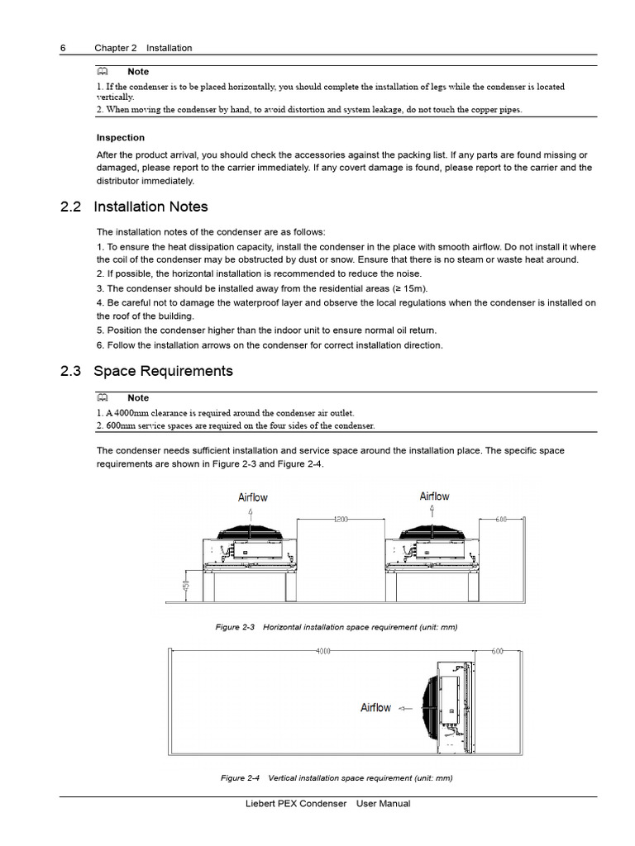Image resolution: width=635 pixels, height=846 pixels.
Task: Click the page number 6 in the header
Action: [63, 48]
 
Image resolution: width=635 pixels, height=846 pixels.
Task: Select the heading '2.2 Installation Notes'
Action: [150, 207]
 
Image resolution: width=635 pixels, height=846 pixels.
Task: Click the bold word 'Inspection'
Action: [121, 138]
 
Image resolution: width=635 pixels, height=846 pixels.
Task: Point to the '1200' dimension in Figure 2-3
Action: [341, 520]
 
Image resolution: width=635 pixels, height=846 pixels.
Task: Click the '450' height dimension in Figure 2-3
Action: [185, 587]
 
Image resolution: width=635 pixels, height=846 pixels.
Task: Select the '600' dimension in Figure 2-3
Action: [500, 520]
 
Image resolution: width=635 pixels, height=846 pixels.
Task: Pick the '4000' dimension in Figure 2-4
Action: [323, 651]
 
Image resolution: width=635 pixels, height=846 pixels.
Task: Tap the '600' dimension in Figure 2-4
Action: [497, 651]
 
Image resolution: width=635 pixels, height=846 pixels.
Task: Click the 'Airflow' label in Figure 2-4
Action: [375, 708]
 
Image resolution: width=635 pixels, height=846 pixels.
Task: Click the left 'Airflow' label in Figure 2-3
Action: [253, 497]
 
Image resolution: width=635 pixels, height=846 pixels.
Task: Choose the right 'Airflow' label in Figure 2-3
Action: [434, 497]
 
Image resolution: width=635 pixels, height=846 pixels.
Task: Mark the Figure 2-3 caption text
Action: [336, 627]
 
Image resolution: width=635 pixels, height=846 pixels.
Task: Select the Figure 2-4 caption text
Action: [337, 778]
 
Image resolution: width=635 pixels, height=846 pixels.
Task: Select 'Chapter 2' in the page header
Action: [116, 48]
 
